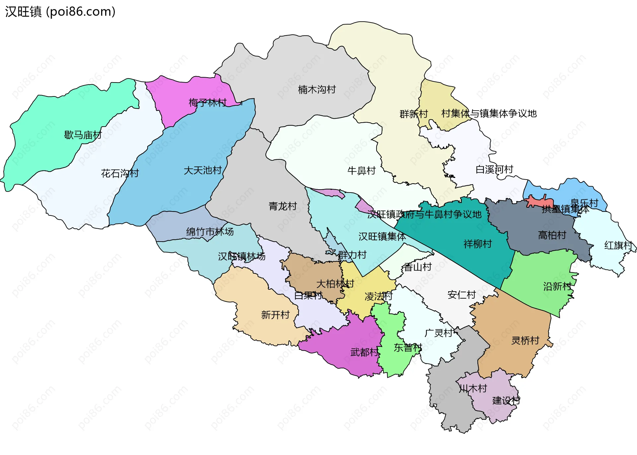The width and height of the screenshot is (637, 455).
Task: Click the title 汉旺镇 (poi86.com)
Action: point(60,12)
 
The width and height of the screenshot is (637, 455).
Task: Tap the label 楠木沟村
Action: point(317,89)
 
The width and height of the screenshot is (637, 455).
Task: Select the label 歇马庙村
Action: point(83,135)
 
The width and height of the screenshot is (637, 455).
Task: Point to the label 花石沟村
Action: point(120,173)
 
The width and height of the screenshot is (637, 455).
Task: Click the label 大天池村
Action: point(203,170)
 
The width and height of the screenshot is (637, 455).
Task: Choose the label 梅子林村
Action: point(208,103)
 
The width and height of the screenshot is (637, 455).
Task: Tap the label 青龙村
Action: point(283,206)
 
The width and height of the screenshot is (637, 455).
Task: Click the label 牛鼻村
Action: point(361,171)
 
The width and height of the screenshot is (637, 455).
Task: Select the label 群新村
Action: point(414,114)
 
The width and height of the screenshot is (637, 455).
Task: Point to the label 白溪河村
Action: point(494,169)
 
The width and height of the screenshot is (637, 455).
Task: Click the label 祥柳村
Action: point(477,244)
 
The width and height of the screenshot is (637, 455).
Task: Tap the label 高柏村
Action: point(552,235)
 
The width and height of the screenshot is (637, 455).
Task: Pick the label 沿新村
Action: point(557,286)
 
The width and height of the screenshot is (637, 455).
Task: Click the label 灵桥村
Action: point(525,340)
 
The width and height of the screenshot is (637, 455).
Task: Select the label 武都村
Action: point(364,352)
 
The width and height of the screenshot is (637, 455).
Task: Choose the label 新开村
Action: point(275,314)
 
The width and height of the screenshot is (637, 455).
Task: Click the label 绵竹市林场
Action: point(210,232)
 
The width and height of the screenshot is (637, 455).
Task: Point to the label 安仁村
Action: point(461,295)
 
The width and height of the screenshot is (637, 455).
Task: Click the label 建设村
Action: point(506,400)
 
